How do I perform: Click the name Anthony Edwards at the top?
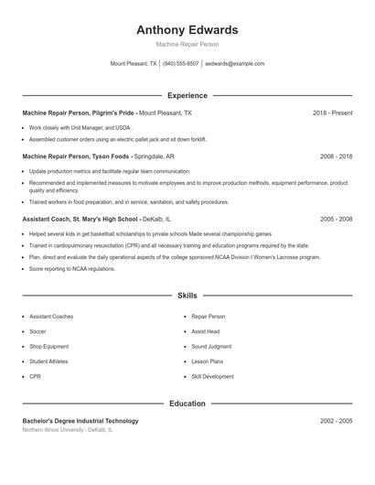point(187,30)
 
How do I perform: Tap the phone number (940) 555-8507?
point(181,64)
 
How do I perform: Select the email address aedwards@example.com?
point(235,64)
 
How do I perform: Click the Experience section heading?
point(187,95)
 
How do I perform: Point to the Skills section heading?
point(187,296)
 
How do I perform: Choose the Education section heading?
point(187,404)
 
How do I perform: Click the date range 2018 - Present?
point(332,113)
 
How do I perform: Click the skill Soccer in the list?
point(37,331)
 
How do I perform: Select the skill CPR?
point(35,376)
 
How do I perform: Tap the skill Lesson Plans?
point(207,361)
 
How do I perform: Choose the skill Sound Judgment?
point(211,347)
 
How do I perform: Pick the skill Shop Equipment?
point(48,347)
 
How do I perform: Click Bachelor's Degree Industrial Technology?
point(80,421)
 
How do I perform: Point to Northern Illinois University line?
point(67,429)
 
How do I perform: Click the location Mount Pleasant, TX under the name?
point(134,64)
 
